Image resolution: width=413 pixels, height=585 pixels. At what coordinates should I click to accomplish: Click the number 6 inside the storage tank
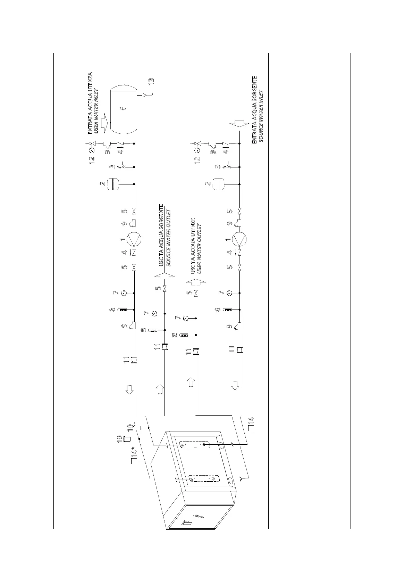[x=123, y=108]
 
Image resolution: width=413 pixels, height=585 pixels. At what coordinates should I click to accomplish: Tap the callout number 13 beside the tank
[x=152, y=82]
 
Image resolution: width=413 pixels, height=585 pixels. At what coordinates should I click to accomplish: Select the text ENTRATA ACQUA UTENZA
[x=90, y=103]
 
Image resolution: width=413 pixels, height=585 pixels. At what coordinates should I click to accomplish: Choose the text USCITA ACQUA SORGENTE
[x=161, y=235]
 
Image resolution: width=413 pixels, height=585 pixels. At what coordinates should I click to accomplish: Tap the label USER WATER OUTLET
[x=200, y=249]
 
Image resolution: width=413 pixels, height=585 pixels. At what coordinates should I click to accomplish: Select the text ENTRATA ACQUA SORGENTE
[x=254, y=110]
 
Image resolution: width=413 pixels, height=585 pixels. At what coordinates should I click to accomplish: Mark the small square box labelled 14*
[x=134, y=461]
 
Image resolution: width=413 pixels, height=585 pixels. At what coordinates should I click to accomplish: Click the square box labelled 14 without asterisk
[x=251, y=428]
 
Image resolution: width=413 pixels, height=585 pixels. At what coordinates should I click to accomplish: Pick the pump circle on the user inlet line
[x=134, y=239]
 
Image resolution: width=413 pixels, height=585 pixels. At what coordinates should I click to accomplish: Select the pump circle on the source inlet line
[x=239, y=239]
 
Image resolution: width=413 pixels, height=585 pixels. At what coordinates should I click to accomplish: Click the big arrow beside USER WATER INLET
[x=105, y=123]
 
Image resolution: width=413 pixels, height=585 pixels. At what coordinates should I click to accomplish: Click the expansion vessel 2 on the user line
[x=113, y=184]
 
